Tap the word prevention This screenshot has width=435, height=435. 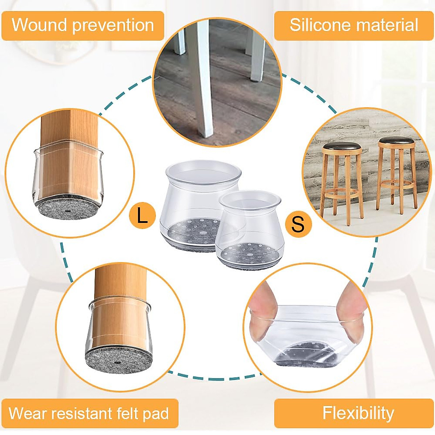pos(113,26)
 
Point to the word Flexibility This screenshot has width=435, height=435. pos(358,413)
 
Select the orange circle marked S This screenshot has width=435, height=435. pos(298,224)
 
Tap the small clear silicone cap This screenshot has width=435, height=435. pos(250,232)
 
